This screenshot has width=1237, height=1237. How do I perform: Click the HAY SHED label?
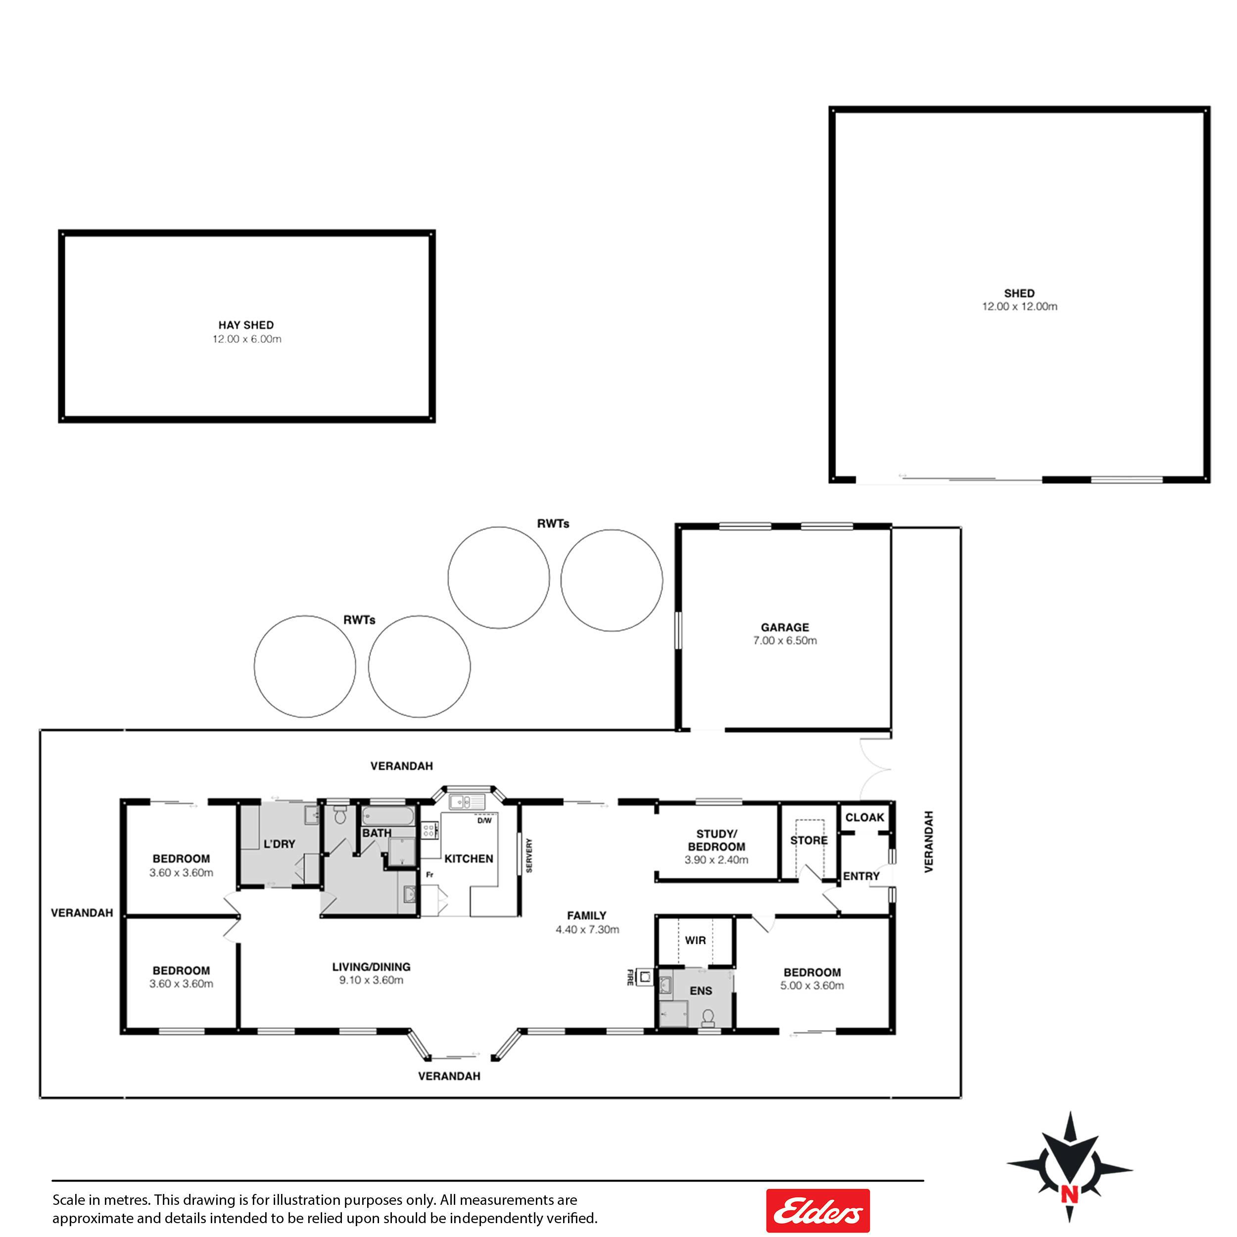point(246,325)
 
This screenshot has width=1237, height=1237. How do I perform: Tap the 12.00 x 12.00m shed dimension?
point(1019,307)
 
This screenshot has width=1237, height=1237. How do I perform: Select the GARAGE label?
point(785,627)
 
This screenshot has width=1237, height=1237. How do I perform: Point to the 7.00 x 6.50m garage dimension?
point(785,641)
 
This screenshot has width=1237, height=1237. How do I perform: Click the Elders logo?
point(817,1210)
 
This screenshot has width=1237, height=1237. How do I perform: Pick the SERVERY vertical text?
point(529,855)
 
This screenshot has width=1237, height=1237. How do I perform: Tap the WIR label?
point(695,941)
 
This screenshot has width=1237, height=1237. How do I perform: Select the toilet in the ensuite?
point(708,1016)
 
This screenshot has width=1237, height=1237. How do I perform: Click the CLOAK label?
point(864,817)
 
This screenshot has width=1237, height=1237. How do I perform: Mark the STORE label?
point(809,841)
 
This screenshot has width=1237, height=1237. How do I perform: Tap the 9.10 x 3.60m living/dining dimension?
point(372,980)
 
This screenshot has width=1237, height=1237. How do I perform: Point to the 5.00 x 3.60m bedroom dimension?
point(812,986)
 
